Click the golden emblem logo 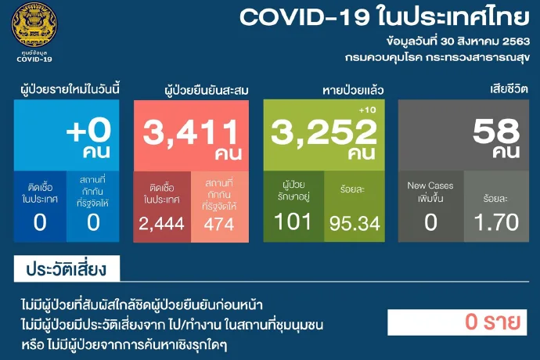(34, 24)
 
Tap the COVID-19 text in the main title (304, 16)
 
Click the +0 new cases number (89, 131)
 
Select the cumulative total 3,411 (190, 132)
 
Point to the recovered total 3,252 (324, 132)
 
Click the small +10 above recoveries (368, 110)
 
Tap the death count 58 (496, 131)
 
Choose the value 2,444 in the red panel (161, 224)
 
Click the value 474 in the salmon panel (219, 225)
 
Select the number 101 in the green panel (293, 221)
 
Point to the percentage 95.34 (355, 224)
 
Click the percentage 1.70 (496, 222)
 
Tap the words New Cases (430, 185)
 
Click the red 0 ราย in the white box (492, 322)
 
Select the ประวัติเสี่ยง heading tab (67, 268)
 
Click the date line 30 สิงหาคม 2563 (485, 41)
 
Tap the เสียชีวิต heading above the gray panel (509, 89)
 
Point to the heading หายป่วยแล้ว (353, 90)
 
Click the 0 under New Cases (430, 222)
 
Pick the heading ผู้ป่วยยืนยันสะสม (207, 91)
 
